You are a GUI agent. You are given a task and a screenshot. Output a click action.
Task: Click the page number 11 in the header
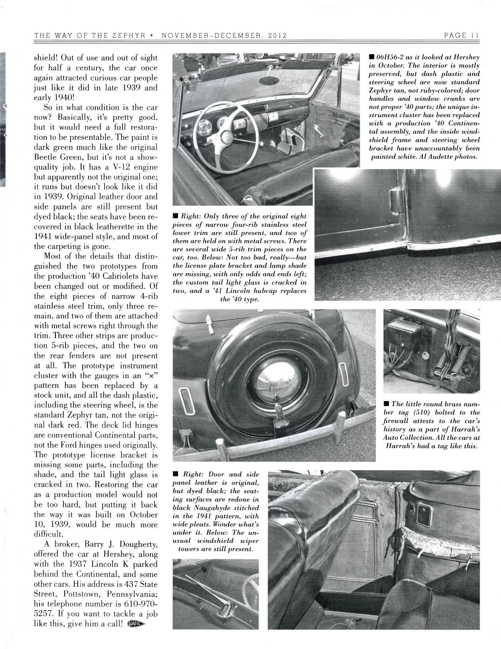(x=474, y=35)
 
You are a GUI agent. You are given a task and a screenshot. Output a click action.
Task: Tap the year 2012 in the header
(x=276, y=35)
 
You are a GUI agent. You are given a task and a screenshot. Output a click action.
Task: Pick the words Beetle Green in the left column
(x=54, y=157)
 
